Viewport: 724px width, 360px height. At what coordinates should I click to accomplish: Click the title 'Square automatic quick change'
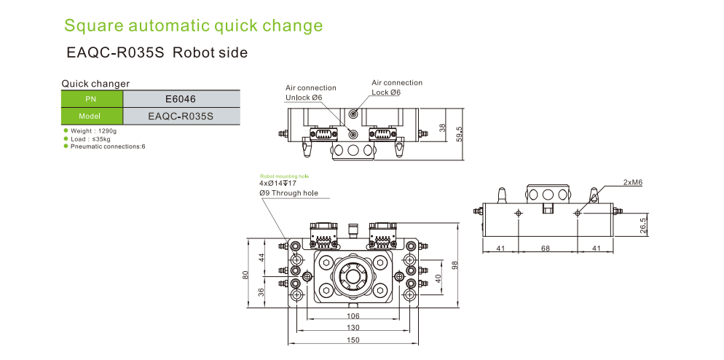[x=193, y=26]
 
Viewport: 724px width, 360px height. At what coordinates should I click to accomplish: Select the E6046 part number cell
[x=181, y=99]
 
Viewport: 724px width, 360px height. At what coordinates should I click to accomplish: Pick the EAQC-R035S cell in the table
[x=181, y=116]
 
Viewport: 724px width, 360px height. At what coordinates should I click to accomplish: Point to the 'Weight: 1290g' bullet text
[x=94, y=130]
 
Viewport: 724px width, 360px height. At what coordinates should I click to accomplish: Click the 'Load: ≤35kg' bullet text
[x=90, y=138]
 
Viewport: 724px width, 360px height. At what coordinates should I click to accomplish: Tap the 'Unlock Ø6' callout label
[x=304, y=97]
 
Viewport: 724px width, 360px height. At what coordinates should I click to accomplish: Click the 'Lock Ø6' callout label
[x=386, y=92]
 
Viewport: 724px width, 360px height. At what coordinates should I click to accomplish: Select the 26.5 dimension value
[x=643, y=224]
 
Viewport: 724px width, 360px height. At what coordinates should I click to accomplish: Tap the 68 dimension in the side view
[x=546, y=249]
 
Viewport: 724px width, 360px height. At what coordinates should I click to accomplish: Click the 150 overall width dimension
[x=353, y=341]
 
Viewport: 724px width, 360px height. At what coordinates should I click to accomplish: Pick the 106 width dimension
[x=353, y=316]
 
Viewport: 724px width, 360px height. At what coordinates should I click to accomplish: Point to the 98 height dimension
[x=456, y=266]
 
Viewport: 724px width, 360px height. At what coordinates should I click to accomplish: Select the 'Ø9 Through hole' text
[x=289, y=193]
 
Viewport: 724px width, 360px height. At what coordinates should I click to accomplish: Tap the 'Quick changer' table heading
[x=95, y=84]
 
